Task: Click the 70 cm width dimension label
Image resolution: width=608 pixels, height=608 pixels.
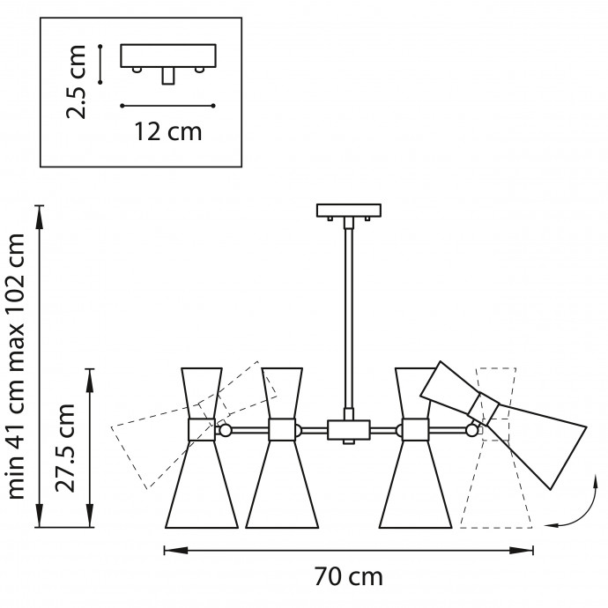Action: pyautogui.click(x=348, y=577)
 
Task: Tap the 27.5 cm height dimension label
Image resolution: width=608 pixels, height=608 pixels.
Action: pyautogui.click(x=64, y=448)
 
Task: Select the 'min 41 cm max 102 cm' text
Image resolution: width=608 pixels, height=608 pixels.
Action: pyautogui.click(x=16, y=366)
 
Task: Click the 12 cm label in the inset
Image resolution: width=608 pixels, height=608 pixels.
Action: pyautogui.click(x=168, y=132)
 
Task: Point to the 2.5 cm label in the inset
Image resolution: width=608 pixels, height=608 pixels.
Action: pyautogui.click(x=76, y=81)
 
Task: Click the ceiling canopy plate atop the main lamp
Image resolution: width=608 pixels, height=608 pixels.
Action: pyautogui.click(x=349, y=211)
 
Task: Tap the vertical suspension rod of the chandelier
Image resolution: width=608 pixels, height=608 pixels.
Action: pyautogui.click(x=349, y=318)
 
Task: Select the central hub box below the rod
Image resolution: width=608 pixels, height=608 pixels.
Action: pyautogui.click(x=349, y=430)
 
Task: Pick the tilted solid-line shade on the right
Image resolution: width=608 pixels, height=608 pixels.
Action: pyautogui.click(x=503, y=426)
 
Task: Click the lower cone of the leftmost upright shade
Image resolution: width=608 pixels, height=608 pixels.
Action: pyautogui.click(x=202, y=485)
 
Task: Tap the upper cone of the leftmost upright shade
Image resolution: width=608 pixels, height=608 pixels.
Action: pyautogui.click(x=202, y=393)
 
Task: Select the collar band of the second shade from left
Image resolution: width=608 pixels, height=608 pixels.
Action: pyautogui.click(x=282, y=430)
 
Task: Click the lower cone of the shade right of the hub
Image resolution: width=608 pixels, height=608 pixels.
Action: pyautogui.click(x=415, y=485)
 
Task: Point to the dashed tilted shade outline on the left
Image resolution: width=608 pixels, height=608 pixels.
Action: pyautogui.click(x=194, y=425)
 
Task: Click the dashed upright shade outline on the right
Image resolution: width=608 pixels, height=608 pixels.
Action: pyautogui.click(x=496, y=448)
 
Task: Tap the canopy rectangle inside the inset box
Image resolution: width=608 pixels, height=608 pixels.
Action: pyautogui.click(x=168, y=56)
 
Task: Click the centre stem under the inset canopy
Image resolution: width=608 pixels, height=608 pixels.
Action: pyautogui.click(x=168, y=75)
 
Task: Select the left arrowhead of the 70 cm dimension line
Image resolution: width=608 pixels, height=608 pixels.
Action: pyautogui.click(x=176, y=550)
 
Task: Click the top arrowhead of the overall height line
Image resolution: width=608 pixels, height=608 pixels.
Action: pyautogui.click(x=39, y=217)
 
